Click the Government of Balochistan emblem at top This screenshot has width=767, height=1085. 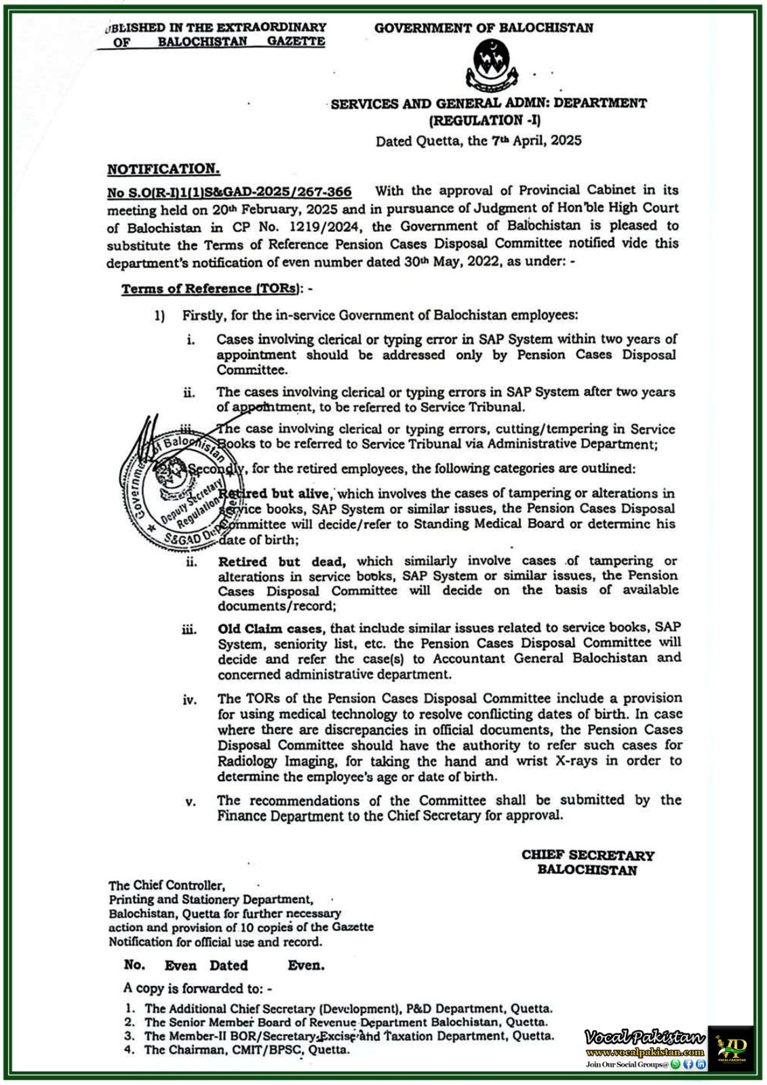point(490,65)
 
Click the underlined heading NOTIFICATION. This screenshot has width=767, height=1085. point(163,169)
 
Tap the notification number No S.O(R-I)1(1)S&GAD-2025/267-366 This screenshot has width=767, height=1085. point(229,193)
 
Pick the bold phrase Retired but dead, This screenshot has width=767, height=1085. point(282,561)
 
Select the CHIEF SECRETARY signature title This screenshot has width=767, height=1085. point(587,855)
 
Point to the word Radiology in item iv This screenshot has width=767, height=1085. point(248,761)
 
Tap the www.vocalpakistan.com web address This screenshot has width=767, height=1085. point(644,1052)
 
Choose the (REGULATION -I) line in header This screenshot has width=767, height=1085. point(484,121)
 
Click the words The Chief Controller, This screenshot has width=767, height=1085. point(166,885)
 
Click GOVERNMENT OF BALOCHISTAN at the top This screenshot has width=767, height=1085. point(484,28)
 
